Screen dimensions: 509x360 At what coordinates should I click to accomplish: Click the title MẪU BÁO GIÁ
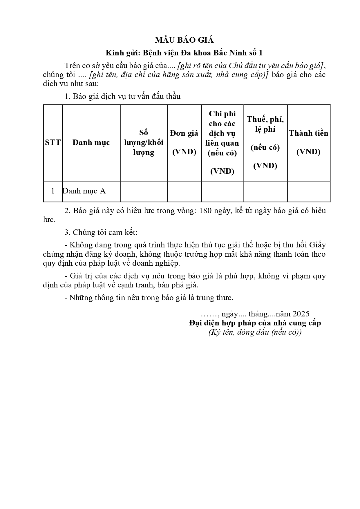point(184,40)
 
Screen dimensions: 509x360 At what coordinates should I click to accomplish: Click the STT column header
point(53,142)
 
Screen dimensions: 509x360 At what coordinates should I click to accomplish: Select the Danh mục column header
point(91,142)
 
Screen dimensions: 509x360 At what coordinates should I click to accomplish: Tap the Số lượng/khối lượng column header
point(144,142)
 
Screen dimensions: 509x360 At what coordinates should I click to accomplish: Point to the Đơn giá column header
point(184,142)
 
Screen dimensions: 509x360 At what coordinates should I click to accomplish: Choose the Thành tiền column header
point(308,142)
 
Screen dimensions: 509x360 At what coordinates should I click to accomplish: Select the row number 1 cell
point(53,191)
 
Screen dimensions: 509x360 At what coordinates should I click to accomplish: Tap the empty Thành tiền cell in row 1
point(308,191)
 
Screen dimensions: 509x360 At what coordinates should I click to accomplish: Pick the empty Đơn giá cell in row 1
point(184,191)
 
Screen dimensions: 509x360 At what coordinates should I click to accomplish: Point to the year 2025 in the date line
point(301,314)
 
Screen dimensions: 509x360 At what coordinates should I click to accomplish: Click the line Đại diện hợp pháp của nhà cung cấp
point(255,323)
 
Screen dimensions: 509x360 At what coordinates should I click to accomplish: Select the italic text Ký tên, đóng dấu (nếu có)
point(255,332)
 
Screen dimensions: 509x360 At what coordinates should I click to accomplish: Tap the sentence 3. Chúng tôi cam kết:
point(101,232)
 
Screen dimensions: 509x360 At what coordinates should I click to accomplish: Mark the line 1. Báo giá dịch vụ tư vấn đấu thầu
point(122,96)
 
